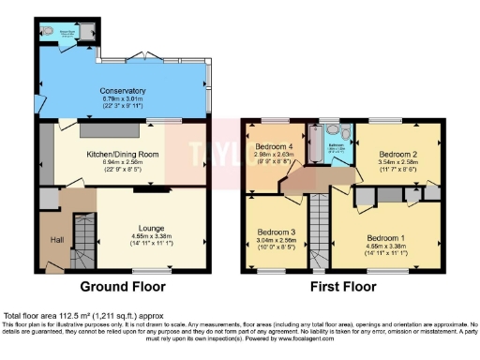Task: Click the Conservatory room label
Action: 123,91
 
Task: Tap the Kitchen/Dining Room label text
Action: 123,154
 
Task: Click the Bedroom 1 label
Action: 387,240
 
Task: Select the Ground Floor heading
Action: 123,286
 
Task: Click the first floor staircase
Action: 321,225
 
